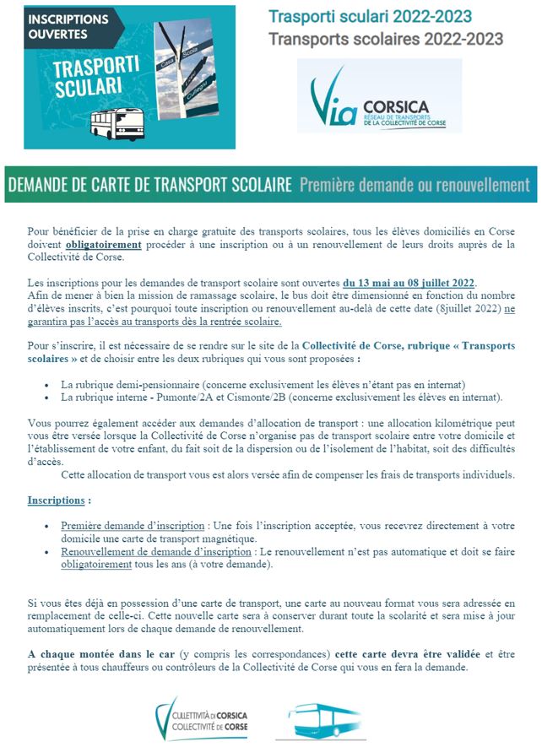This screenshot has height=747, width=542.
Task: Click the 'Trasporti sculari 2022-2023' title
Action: (x=370, y=17)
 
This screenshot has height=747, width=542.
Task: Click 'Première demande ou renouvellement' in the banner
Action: (x=414, y=184)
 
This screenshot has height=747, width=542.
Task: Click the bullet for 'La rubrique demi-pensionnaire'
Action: (x=46, y=385)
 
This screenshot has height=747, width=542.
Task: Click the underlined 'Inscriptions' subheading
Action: (x=56, y=501)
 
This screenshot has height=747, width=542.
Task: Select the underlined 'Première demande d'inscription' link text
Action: (x=133, y=526)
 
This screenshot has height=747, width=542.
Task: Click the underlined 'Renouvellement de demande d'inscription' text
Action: (x=156, y=551)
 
